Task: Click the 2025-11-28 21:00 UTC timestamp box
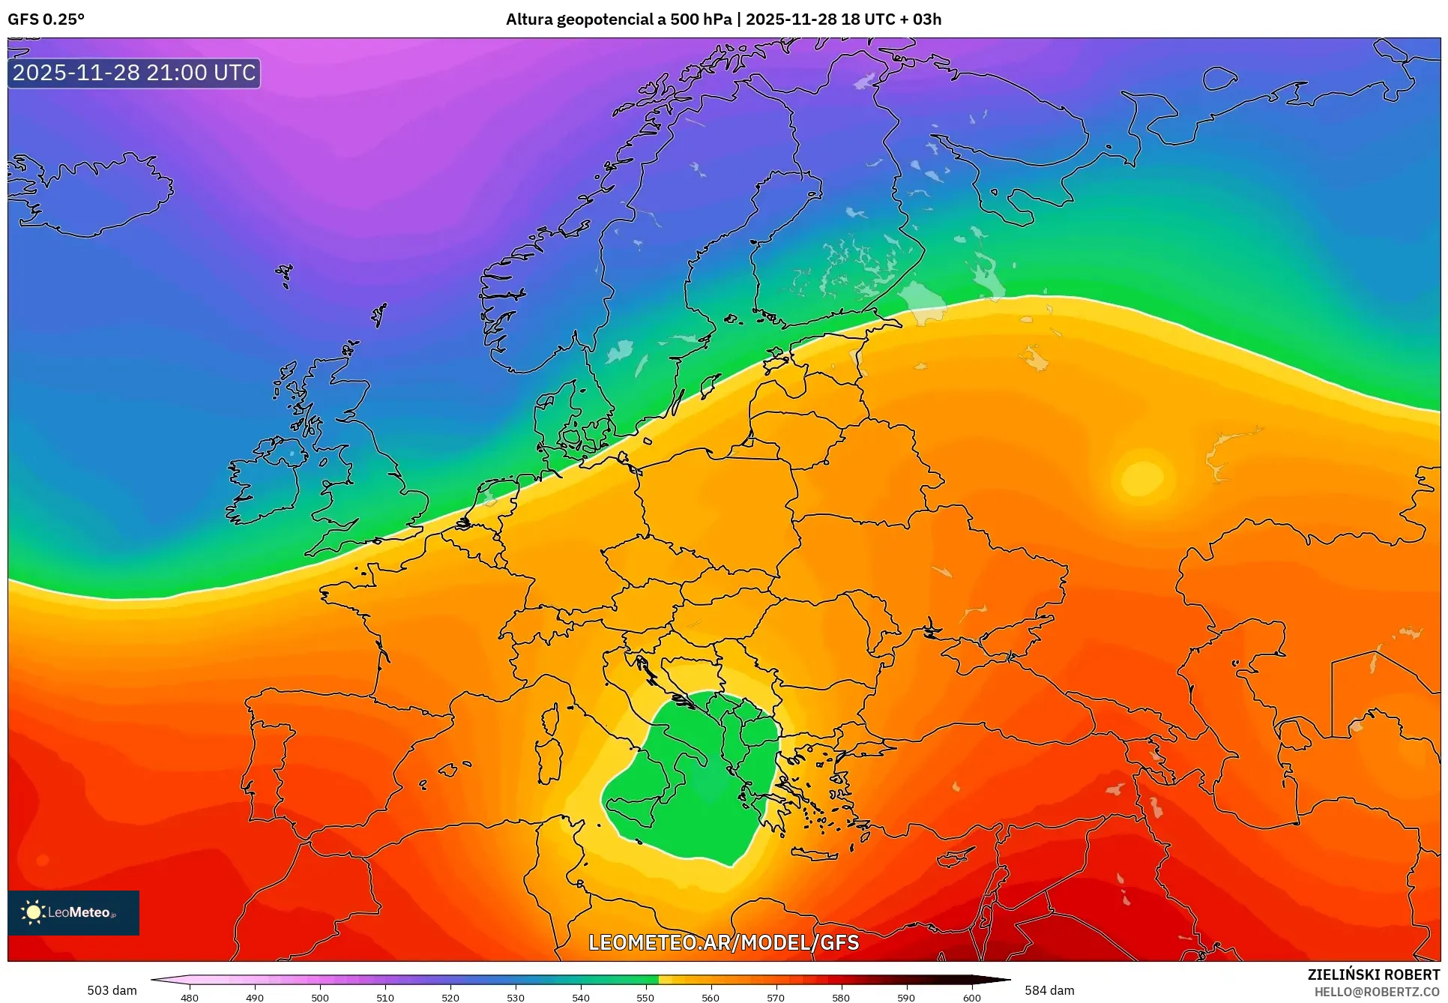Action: point(134,73)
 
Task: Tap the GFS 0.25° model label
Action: point(46,19)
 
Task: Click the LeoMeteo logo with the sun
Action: point(73,912)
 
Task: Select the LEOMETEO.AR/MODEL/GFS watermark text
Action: point(723,942)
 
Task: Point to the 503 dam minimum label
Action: point(112,990)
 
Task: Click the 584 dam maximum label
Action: point(1049,990)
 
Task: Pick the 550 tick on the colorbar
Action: point(645,997)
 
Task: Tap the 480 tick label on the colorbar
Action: point(190,997)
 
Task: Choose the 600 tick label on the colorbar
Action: point(971,997)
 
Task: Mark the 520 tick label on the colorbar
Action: point(450,997)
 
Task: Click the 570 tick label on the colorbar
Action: point(776,997)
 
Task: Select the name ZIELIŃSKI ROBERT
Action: point(1373,975)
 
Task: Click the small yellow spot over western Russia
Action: point(1141,478)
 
